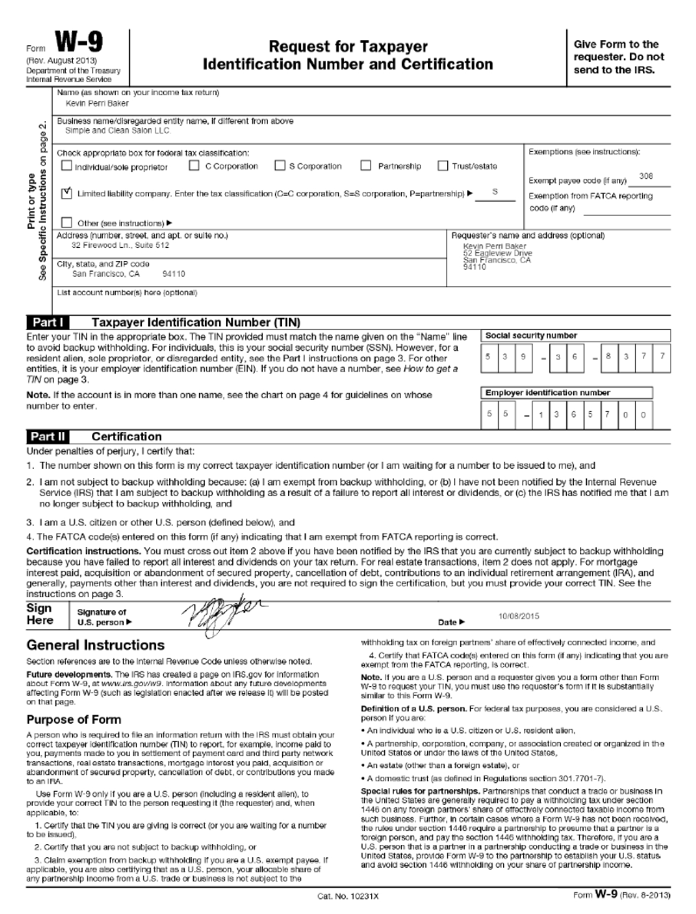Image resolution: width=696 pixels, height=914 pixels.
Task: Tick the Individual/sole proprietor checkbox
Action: (x=66, y=166)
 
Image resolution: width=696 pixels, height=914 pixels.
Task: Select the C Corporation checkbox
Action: (x=194, y=166)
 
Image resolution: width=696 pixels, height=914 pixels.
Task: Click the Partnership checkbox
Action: (x=366, y=166)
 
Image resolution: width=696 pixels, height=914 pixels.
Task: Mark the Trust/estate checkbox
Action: (x=443, y=166)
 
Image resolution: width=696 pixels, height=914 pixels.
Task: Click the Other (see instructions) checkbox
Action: (x=66, y=223)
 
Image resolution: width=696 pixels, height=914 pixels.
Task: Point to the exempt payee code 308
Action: (x=646, y=177)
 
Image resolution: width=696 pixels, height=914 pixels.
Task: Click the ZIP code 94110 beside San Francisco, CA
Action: (x=174, y=273)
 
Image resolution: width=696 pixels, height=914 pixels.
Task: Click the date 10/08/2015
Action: (x=520, y=616)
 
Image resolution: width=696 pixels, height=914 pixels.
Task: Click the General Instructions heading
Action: (x=95, y=645)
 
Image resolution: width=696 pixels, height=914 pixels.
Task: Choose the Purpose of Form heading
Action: (x=74, y=720)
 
